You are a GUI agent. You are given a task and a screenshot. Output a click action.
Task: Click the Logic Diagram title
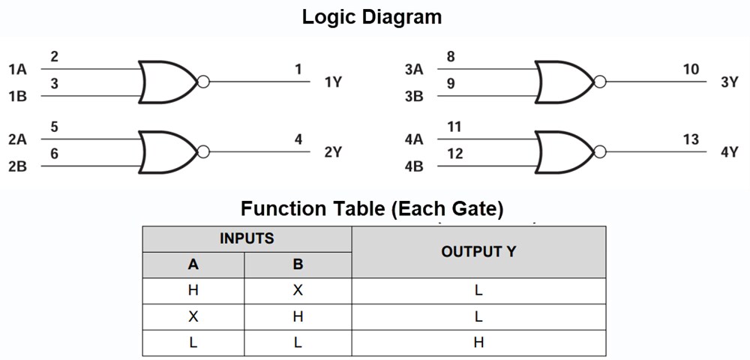tap(372, 16)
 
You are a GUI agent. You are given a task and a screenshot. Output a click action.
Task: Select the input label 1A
tap(17, 70)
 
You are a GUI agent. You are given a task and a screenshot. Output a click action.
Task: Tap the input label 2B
tap(17, 166)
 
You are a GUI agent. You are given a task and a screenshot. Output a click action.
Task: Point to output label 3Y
tap(730, 82)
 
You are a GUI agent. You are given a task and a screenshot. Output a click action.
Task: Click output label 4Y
tap(730, 152)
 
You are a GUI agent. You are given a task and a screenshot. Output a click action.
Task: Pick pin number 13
tap(691, 139)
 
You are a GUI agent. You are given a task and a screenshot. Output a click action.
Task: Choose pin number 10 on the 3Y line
tap(691, 70)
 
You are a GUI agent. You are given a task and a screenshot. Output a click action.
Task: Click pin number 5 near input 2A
tap(55, 127)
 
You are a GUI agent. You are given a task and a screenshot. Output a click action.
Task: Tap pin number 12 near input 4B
tap(454, 154)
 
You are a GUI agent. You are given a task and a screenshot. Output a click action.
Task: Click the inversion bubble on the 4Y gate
tap(599, 152)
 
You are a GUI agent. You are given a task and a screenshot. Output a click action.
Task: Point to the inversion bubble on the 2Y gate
tap(202, 152)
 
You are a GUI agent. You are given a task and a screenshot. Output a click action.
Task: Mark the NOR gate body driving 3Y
tap(563, 82)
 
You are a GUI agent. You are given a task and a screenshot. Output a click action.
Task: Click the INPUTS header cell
tap(247, 239)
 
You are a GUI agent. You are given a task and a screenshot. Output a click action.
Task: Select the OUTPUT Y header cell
tap(478, 252)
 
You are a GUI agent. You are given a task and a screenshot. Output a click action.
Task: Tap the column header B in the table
tap(298, 265)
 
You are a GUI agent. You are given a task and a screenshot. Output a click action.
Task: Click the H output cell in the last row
tap(478, 342)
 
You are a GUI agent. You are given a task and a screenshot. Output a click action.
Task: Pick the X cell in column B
tap(298, 291)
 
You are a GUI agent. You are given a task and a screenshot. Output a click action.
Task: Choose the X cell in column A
tap(193, 316)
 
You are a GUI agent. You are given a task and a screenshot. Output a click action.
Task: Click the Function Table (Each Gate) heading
tap(372, 208)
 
